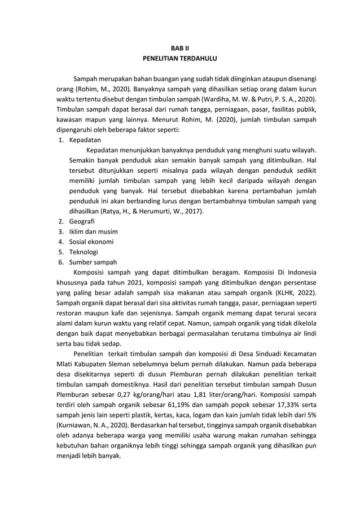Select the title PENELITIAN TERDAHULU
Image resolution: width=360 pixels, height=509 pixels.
[x=179, y=58]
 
